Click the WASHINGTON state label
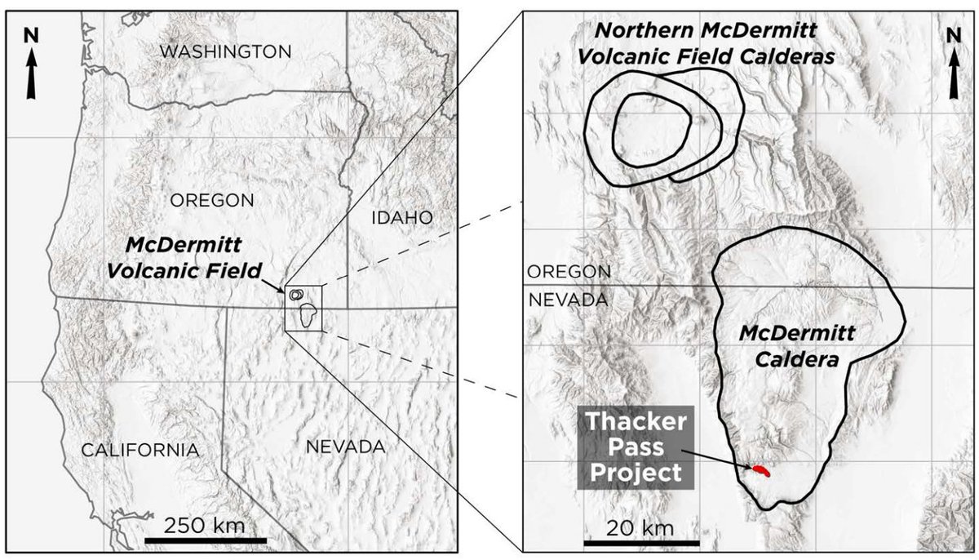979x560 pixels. click(225, 52)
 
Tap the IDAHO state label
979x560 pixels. click(401, 217)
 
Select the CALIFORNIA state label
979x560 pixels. click(140, 450)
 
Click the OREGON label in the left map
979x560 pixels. click(212, 200)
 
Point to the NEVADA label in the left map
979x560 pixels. click(345, 447)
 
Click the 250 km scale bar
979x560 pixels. click(206, 540)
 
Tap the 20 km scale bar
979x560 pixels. click(641, 542)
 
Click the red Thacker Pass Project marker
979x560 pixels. click(760, 471)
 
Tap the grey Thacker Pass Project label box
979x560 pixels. click(636, 447)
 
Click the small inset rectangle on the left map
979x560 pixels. click(304, 308)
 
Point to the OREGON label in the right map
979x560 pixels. click(569, 271)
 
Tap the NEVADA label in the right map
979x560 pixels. click(569, 300)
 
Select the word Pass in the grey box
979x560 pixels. click(636, 447)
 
